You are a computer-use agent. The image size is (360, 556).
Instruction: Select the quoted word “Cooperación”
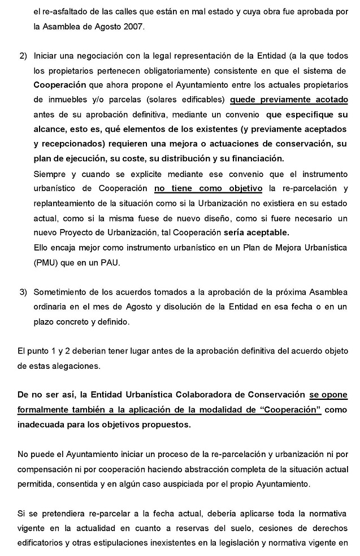pos(289,410)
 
